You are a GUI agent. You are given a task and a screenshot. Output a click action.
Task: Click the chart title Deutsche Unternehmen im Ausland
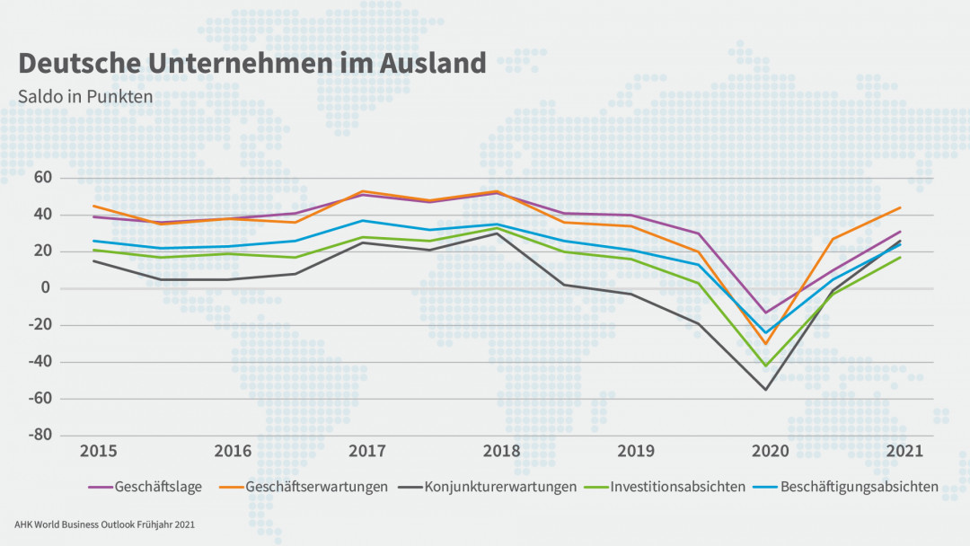click(x=252, y=63)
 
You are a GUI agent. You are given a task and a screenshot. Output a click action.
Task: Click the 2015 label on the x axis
click(x=98, y=450)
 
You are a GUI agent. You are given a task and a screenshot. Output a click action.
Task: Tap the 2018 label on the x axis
click(x=498, y=450)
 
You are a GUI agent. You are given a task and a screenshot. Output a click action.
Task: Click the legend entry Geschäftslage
click(x=158, y=487)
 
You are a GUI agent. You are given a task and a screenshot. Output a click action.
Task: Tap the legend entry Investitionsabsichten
click(x=677, y=487)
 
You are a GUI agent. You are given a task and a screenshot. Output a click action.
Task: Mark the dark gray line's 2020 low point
click(x=766, y=389)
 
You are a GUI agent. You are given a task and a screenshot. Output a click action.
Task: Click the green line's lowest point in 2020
click(x=766, y=365)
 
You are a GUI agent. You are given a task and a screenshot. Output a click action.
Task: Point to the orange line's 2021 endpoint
click(x=900, y=207)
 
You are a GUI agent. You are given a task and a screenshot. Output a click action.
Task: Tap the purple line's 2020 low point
click(x=766, y=313)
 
